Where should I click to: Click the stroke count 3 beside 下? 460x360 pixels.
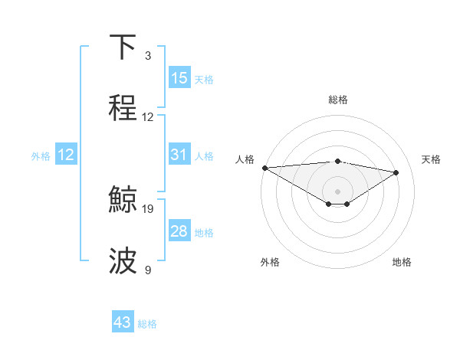click(x=148, y=56)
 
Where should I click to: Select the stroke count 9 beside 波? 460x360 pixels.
click(x=148, y=270)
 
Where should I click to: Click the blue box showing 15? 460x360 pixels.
click(x=179, y=78)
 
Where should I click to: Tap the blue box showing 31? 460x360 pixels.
click(x=179, y=155)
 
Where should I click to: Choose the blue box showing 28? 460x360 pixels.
click(x=179, y=231)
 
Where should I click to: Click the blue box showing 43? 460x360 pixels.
click(x=123, y=322)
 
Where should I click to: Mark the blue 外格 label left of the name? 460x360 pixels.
click(x=41, y=156)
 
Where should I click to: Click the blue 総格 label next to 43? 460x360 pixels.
click(x=147, y=324)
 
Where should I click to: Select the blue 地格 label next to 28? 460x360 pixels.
click(x=204, y=233)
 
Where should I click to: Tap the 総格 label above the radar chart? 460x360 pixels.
click(x=337, y=100)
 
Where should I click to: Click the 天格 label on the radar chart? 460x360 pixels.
click(x=431, y=159)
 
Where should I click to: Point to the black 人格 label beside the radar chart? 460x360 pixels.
click(x=245, y=159)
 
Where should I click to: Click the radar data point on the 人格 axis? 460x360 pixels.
click(x=264, y=168)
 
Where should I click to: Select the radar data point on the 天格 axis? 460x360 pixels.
click(x=396, y=172)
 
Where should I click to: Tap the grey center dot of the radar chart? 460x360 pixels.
click(x=337, y=191)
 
